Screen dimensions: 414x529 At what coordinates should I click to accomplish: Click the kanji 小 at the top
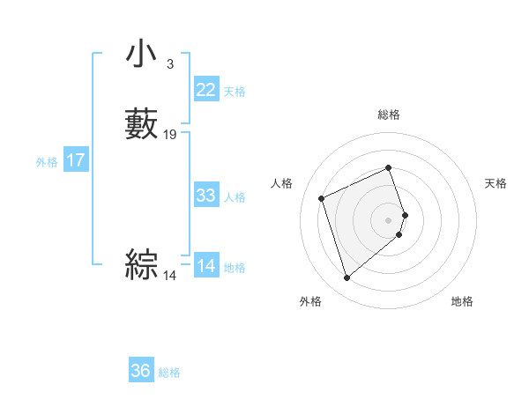(x=141, y=55)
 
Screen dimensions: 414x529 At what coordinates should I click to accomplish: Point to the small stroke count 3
(x=169, y=63)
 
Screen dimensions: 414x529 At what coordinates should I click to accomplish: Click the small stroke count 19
(x=170, y=135)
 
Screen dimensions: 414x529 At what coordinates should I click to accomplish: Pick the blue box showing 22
(x=206, y=90)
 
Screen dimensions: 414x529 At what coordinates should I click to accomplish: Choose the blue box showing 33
(x=206, y=196)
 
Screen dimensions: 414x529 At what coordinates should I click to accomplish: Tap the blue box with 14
(x=206, y=266)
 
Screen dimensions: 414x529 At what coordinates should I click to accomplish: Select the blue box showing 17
(x=76, y=160)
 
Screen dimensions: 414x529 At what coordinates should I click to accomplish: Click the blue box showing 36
(x=141, y=371)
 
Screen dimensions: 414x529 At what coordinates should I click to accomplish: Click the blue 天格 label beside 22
(x=235, y=92)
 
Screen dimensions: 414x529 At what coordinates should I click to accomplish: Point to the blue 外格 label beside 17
(x=47, y=162)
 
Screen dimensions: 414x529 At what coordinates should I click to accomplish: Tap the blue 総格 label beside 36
(x=170, y=373)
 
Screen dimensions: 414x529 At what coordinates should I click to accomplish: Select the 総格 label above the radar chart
(x=389, y=115)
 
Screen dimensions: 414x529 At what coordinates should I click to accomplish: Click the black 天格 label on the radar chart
(x=496, y=183)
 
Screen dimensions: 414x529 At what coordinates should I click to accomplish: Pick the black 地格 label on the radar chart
(x=462, y=302)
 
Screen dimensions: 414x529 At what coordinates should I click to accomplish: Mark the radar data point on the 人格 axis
(x=323, y=197)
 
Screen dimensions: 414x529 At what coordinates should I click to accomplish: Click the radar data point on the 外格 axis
(x=347, y=278)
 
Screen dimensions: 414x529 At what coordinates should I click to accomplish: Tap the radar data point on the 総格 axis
(x=389, y=168)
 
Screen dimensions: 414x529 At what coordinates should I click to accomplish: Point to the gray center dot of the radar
(x=389, y=219)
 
